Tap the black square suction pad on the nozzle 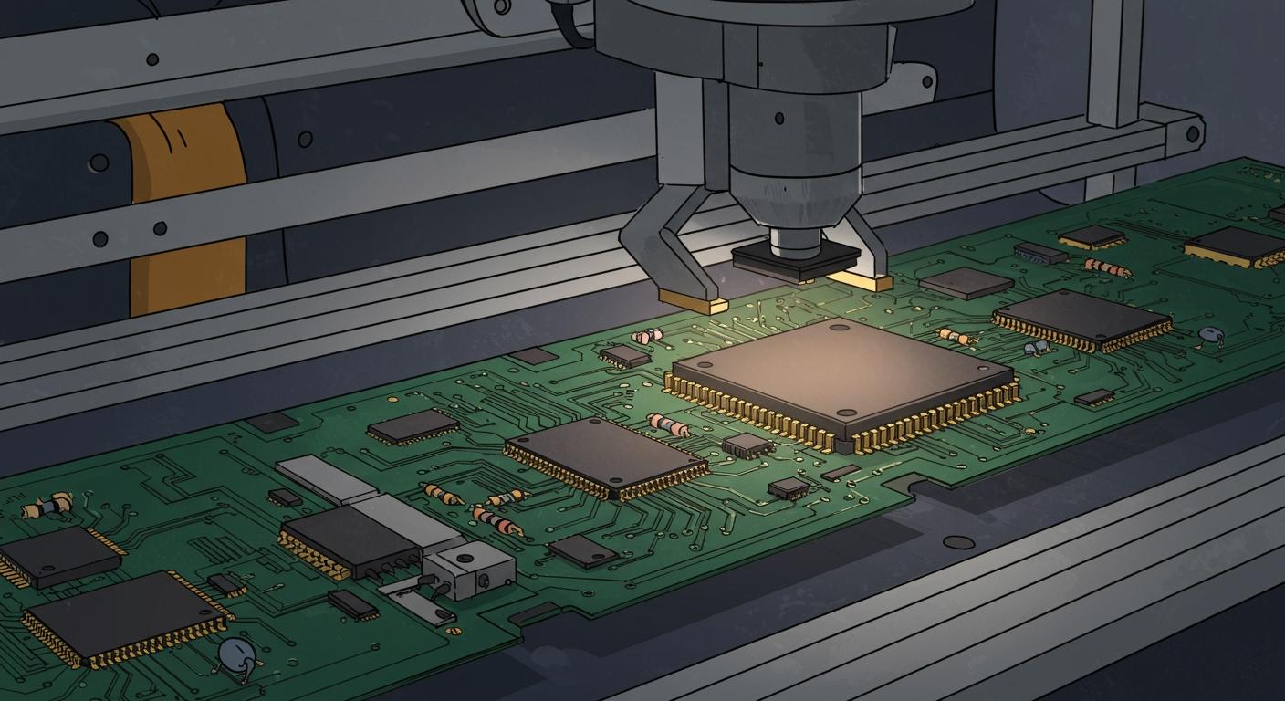[x=797, y=260]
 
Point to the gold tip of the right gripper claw [x=860, y=281]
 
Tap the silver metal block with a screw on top [x=469, y=570]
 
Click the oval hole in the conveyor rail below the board [x=957, y=542]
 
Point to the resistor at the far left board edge [x=47, y=506]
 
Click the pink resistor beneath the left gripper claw [x=647, y=336]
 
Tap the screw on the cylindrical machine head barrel [x=778, y=118]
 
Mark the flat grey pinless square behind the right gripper [x=966, y=283]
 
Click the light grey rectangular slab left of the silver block [x=313, y=479]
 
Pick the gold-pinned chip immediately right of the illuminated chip [x=1082, y=319]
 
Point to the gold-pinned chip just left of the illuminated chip [x=605, y=457]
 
